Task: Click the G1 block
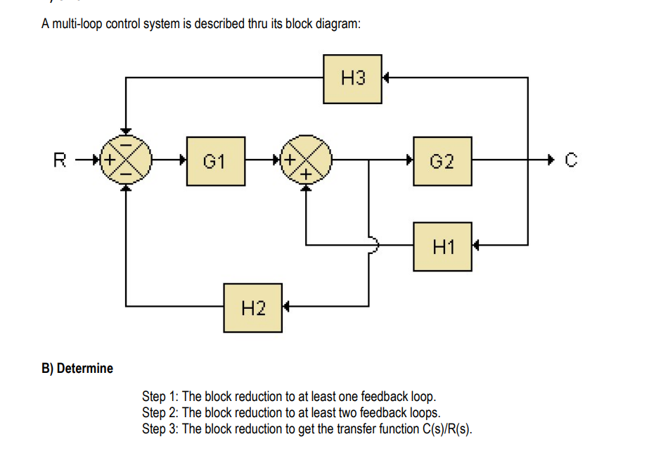pos(216,161)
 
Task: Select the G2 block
pos(442,161)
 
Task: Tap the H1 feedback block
pos(442,246)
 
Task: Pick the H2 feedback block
pos(253,307)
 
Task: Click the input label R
pos(60,160)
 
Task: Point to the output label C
pos(571,161)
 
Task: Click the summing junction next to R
pos(125,160)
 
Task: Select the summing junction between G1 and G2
pos(306,160)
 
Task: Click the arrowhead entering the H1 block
pos(477,246)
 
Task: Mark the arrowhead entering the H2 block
pos(286,307)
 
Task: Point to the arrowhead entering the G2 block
pos(409,160)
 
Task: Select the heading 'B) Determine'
pos(77,369)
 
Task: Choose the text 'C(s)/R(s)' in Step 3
pos(446,429)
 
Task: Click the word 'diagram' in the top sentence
pos(338,25)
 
